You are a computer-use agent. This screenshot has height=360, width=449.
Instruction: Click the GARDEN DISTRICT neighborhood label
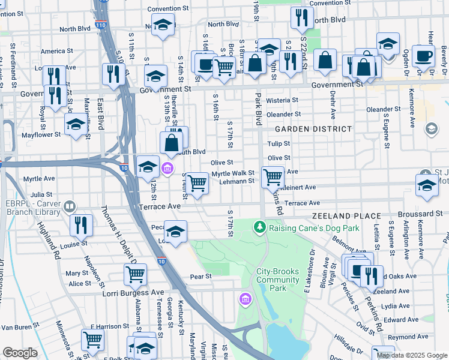(313, 129)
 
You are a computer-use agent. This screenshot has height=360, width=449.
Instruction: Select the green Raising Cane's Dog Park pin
(259, 227)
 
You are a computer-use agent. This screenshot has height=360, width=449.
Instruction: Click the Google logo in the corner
(20, 353)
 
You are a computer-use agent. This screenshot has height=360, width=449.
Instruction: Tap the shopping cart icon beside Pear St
(135, 274)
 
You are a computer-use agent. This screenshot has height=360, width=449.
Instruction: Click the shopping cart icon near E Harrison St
(92, 339)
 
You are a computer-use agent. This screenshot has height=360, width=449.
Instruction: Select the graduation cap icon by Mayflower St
(76, 124)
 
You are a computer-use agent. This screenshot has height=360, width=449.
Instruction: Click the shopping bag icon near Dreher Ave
(325, 61)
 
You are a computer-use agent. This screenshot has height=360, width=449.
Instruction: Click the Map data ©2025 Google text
(412, 355)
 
